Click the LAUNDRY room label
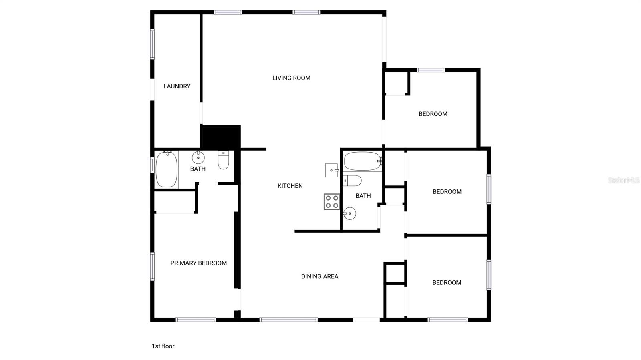[x=177, y=86]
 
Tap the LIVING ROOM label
[x=291, y=78]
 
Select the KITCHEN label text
[x=290, y=186]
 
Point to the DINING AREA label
[x=320, y=276]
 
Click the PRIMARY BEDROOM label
[x=198, y=263]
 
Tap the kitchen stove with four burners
[x=332, y=201]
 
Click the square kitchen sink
[x=332, y=170]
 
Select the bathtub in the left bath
[x=166, y=169]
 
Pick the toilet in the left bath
[x=223, y=159]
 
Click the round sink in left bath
[x=198, y=157]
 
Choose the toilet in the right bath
[x=352, y=181]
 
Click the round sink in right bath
[x=349, y=213]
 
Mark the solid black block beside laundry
[x=220, y=137]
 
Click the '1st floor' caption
[x=163, y=346]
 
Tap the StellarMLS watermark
[x=623, y=180]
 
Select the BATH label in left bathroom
[x=198, y=169]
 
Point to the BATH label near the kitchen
[x=363, y=196]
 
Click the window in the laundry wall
[x=152, y=44]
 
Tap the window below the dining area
[x=288, y=320]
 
